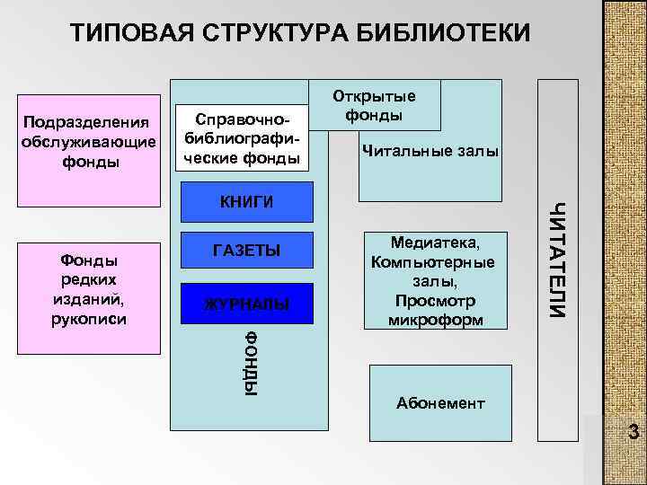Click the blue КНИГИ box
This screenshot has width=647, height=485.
pos(247,201)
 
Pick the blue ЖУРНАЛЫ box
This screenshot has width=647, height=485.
pos(247,304)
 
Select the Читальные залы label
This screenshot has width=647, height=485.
pos(430,151)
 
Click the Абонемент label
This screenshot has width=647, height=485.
pos(440,403)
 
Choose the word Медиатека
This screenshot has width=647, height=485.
pos(435,243)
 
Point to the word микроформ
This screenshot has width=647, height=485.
pos(435,320)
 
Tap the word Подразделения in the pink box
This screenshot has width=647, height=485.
pos(87,121)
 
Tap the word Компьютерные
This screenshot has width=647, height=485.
pos(435,262)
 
